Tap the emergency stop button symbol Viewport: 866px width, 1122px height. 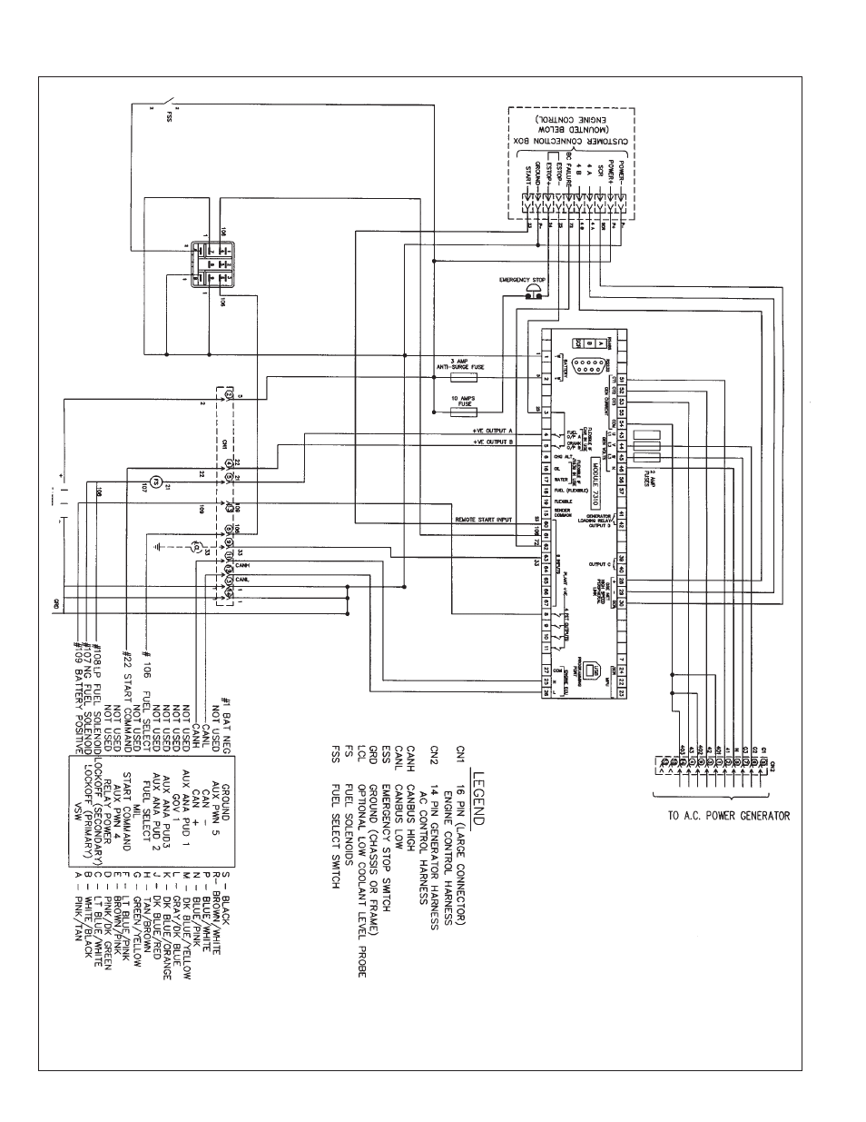click(535, 291)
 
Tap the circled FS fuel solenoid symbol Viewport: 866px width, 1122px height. click(154, 479)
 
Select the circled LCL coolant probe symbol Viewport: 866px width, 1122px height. click(194, 547)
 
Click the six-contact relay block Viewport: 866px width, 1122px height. click(208, 263)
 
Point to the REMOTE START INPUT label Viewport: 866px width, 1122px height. click(482, 521)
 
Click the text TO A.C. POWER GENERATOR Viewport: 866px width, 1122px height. click(728, 815)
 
